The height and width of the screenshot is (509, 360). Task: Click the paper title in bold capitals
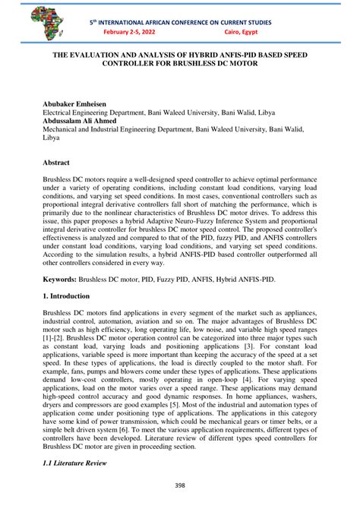pos(179,61)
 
